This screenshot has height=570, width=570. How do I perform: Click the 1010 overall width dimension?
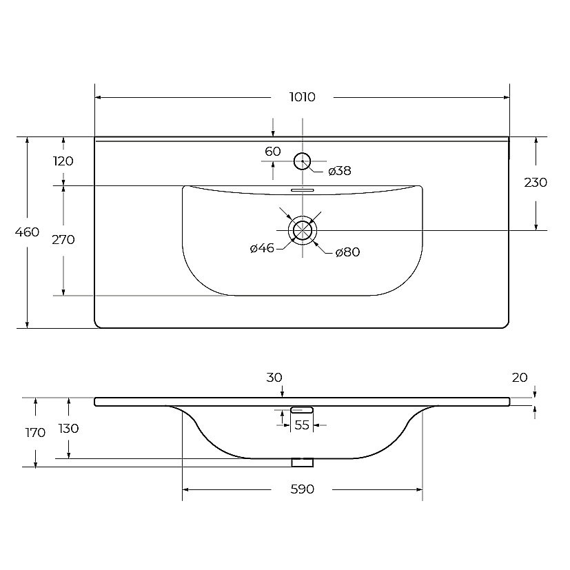coord(302,97)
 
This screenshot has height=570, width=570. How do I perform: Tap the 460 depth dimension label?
coord(28,232)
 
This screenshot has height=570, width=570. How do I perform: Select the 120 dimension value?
coord(63,161)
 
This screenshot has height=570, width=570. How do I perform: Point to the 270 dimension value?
coord(63,240)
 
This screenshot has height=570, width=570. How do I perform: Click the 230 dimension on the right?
coord(536,182)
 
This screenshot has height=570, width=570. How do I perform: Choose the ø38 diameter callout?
coord(340,171)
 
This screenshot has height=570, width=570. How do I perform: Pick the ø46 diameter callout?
coord(262,248)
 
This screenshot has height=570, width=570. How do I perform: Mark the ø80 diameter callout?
coord(348,252)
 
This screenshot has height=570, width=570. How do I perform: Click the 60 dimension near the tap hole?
coord(273,151)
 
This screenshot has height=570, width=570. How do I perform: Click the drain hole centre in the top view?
coord(303,230)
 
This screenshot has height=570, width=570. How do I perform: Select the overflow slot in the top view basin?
coord(303,190)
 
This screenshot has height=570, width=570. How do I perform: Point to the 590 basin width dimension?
coord(302,489)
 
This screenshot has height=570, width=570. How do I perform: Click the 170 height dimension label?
coord(35,433)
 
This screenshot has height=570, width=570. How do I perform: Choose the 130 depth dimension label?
coord(69,429)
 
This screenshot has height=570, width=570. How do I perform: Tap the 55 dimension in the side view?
coord(302,425)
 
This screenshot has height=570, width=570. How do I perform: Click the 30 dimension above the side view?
coord(274,378)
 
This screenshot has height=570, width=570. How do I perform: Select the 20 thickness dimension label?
coord(520,378)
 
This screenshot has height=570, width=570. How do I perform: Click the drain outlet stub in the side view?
coord(302,462)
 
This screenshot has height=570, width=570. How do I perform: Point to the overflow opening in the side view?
coord(302,410)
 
